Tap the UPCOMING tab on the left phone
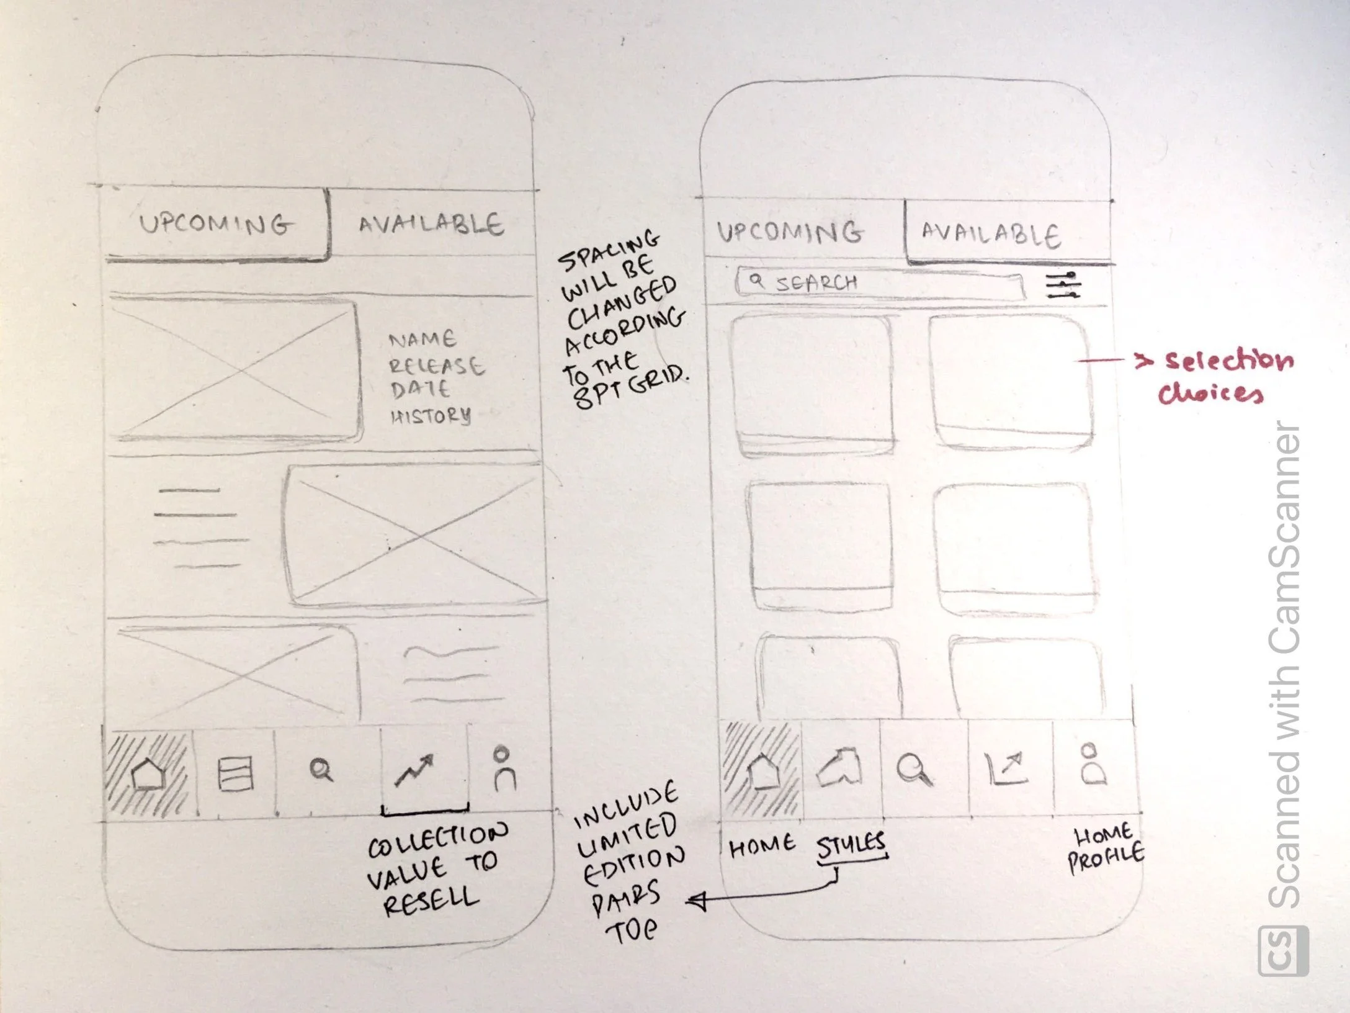click(214, 224)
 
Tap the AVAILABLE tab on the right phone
click(990, 235)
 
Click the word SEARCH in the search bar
click(816, 283)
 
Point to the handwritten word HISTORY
click(430, 416)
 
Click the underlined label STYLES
click(850, 844)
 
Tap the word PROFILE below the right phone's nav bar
click(1106, 859)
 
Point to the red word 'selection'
click(1229, 361)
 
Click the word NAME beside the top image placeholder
click(422, 340)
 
